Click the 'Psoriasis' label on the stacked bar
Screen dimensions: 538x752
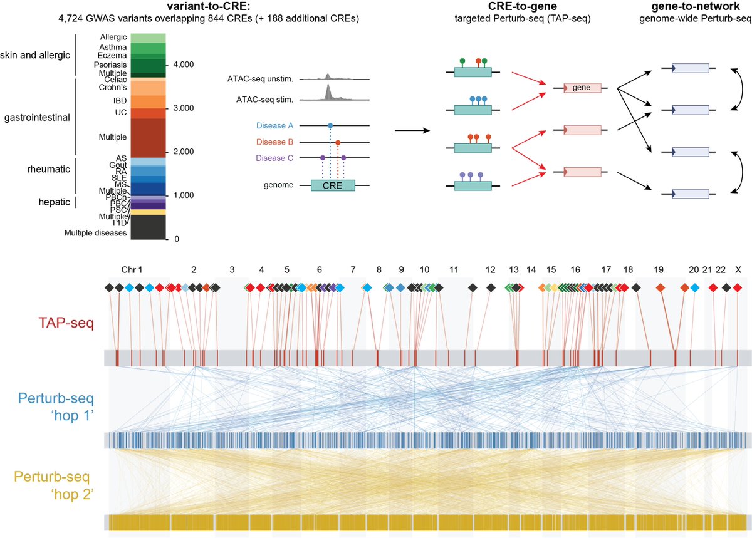point(113,65)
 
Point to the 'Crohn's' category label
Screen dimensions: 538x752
point(113,88)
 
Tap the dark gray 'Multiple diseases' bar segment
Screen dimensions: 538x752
point(148,227)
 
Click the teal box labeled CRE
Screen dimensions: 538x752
point(333,185)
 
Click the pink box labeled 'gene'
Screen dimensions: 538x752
point(582,88)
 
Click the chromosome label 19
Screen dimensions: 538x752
point(658,270)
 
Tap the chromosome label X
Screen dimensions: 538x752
point(738,270)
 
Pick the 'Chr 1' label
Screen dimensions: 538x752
point(132,270)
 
